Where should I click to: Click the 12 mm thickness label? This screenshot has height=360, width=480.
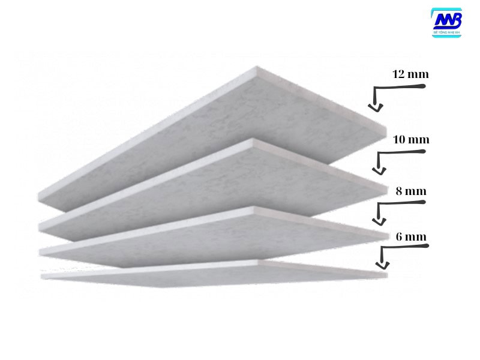(x=410, y=75)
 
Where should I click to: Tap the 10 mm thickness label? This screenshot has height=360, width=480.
(x=410, y=140)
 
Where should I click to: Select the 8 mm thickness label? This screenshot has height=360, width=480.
(x=411, y=191)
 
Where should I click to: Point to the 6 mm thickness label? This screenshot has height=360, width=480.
(x=411, y=236)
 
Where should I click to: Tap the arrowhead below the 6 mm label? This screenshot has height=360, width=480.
(x=379, y=265)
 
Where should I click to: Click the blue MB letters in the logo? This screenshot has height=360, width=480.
(x=447, y=20)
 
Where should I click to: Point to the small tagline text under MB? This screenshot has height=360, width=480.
(x=447, y=32)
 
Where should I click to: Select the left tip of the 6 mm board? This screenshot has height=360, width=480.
(x=42, y=277)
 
